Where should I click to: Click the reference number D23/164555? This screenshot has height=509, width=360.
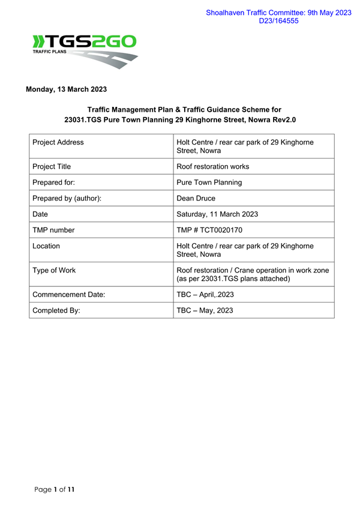pyautogui.click(x=278, y=21)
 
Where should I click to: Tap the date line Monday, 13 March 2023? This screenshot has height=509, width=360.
pyautogui.click(x=66, y=89)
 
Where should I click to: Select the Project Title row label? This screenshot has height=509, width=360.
pyautogui.click(x=54, y=166)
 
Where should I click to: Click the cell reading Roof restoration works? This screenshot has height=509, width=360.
pyautogui.click(x=213, y=166)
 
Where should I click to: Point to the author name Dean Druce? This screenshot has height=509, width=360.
pyautogui.click(x=196, y=198)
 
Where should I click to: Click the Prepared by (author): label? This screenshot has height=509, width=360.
pyautogui.click(x=67, y=198)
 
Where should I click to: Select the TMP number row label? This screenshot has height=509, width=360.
pyautogui.click(x=54, y=230)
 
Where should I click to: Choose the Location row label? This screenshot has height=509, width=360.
pyautogui.click(x=46, y=246)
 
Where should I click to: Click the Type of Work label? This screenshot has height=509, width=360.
pyautogui.click(x=54, y=270)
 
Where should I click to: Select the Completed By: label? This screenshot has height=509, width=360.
pyautogui.click(x=56, y=310)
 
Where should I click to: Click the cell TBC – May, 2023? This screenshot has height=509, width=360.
pyautogui.click(x=205, y=310)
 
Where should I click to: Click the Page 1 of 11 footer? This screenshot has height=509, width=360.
pyautogui.click(x=55, y=490)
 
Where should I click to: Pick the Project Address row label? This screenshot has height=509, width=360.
pyautogui.click(x=58, y=142)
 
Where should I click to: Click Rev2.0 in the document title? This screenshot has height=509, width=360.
pyautogui.click(x=282, y=119)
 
